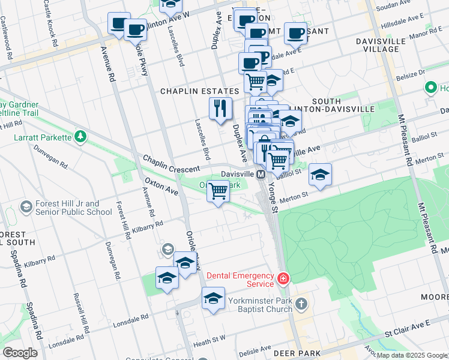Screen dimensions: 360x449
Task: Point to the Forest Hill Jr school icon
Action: point(26,207)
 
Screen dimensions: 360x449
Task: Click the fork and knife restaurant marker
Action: point(221,108)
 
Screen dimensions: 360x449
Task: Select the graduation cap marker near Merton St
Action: point(321,175)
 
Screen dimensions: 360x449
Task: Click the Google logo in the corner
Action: point(20,353)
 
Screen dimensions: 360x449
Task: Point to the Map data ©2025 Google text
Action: point(412,355)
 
